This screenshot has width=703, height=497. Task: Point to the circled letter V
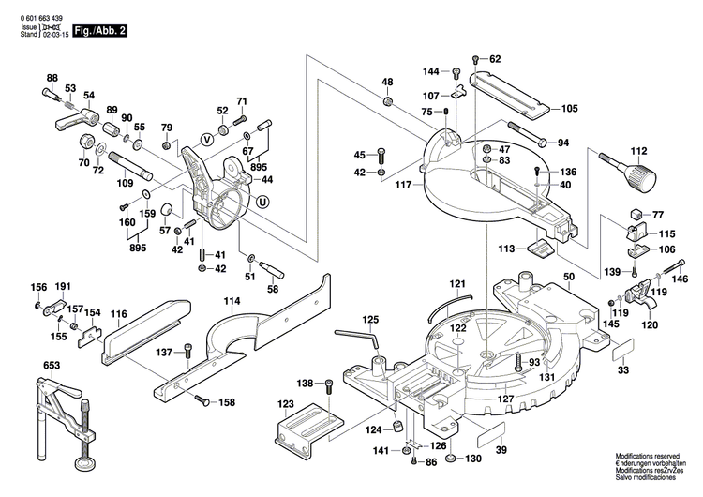[208, 139]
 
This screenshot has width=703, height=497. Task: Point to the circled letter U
[262, 200]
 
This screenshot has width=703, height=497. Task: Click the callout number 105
[570, 109]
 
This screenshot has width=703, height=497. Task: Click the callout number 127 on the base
[506, 399]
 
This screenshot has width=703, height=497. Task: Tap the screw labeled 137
[190, 352]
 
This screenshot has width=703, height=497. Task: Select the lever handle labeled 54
[77, 118]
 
